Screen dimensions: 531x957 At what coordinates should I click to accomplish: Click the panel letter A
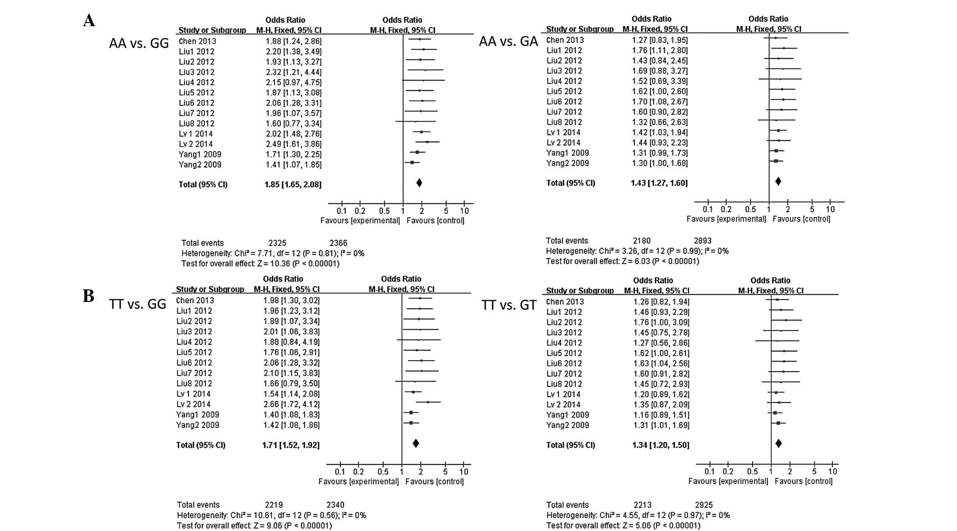89,21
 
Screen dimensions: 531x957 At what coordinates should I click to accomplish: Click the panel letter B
88,296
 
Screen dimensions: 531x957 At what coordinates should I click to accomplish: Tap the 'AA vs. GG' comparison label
139,43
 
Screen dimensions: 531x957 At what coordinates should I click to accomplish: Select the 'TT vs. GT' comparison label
509,306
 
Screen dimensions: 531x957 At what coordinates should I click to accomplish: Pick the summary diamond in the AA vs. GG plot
419,183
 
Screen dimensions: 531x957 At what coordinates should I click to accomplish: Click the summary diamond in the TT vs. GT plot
778,444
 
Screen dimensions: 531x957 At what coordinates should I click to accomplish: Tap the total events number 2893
702,241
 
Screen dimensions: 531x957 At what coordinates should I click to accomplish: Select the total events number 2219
274,505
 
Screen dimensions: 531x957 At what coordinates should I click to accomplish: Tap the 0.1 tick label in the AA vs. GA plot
708,209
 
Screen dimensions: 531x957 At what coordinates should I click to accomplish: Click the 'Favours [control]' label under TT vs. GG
434,481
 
